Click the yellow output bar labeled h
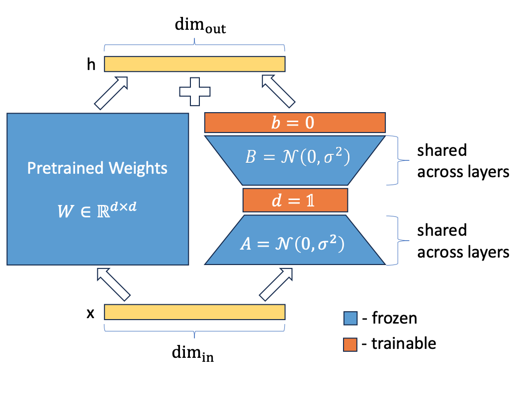pos(194,64)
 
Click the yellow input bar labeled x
pos(194,312)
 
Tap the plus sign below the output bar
pos(194,91)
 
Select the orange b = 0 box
pos(295,123)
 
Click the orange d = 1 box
pos(295,200)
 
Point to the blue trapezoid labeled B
pos(295,159)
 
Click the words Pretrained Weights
pos(97,168)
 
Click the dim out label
pos(200,28)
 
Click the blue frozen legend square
pos(350,318)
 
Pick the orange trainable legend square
pos(350,344)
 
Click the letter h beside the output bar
pos(91,65)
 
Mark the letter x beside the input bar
pos(90,313)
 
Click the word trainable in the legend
pos(404,343)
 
